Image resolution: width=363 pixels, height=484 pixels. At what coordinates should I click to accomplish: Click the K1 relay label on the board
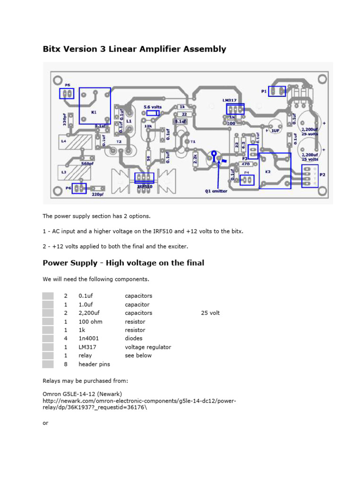coord(93,112)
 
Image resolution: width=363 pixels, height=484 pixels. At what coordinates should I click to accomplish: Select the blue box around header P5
coord(67,93)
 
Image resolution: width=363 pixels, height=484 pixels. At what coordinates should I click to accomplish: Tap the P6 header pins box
coord(79,189)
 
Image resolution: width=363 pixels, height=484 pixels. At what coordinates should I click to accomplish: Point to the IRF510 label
coord(144,187)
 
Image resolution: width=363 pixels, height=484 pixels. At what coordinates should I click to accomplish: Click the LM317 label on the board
coord(230,100)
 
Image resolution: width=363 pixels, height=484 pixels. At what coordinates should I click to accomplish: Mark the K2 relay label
coord(268,172)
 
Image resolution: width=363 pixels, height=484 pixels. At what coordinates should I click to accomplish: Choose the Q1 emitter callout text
coord(216,191)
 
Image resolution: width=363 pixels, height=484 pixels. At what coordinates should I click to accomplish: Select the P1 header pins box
coord(277,91)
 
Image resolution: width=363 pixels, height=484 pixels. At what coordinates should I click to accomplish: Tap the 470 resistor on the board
coord(245,164)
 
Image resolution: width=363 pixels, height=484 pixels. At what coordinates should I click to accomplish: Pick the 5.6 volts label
coord(152,107)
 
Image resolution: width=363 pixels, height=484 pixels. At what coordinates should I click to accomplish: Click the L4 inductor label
coord(63,140)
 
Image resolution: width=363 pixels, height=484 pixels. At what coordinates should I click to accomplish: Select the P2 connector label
coord(323,174)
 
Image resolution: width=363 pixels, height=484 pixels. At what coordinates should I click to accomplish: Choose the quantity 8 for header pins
coord(66,364)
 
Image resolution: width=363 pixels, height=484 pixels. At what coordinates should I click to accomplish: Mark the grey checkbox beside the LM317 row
coord(48,347)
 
